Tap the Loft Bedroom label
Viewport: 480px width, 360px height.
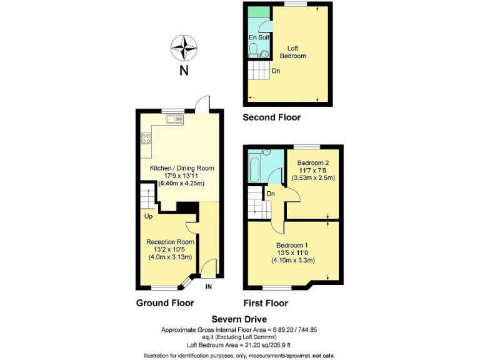[297, 52]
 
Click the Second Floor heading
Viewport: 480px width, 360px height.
[271, 117]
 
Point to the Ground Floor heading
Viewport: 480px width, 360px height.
[165, 303]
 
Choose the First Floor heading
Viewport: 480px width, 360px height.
[266, 303]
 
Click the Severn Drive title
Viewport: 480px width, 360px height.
[239, 318]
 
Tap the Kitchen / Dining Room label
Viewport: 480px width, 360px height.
[182, 168]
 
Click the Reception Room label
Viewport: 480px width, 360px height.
[170, 242]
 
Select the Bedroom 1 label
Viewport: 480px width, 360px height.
[292, 244]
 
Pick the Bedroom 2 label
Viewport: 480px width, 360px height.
[313, 162]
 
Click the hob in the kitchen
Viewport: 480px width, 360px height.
[146, 139]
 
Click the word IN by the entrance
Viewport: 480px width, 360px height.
[209, 287]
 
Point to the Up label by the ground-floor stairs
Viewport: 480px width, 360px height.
[149, 217]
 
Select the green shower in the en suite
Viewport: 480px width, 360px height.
[256, 12]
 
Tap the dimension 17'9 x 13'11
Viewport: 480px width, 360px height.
[182, 176]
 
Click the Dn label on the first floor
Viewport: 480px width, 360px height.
[271, 194]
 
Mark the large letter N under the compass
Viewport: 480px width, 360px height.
[184, 71]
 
